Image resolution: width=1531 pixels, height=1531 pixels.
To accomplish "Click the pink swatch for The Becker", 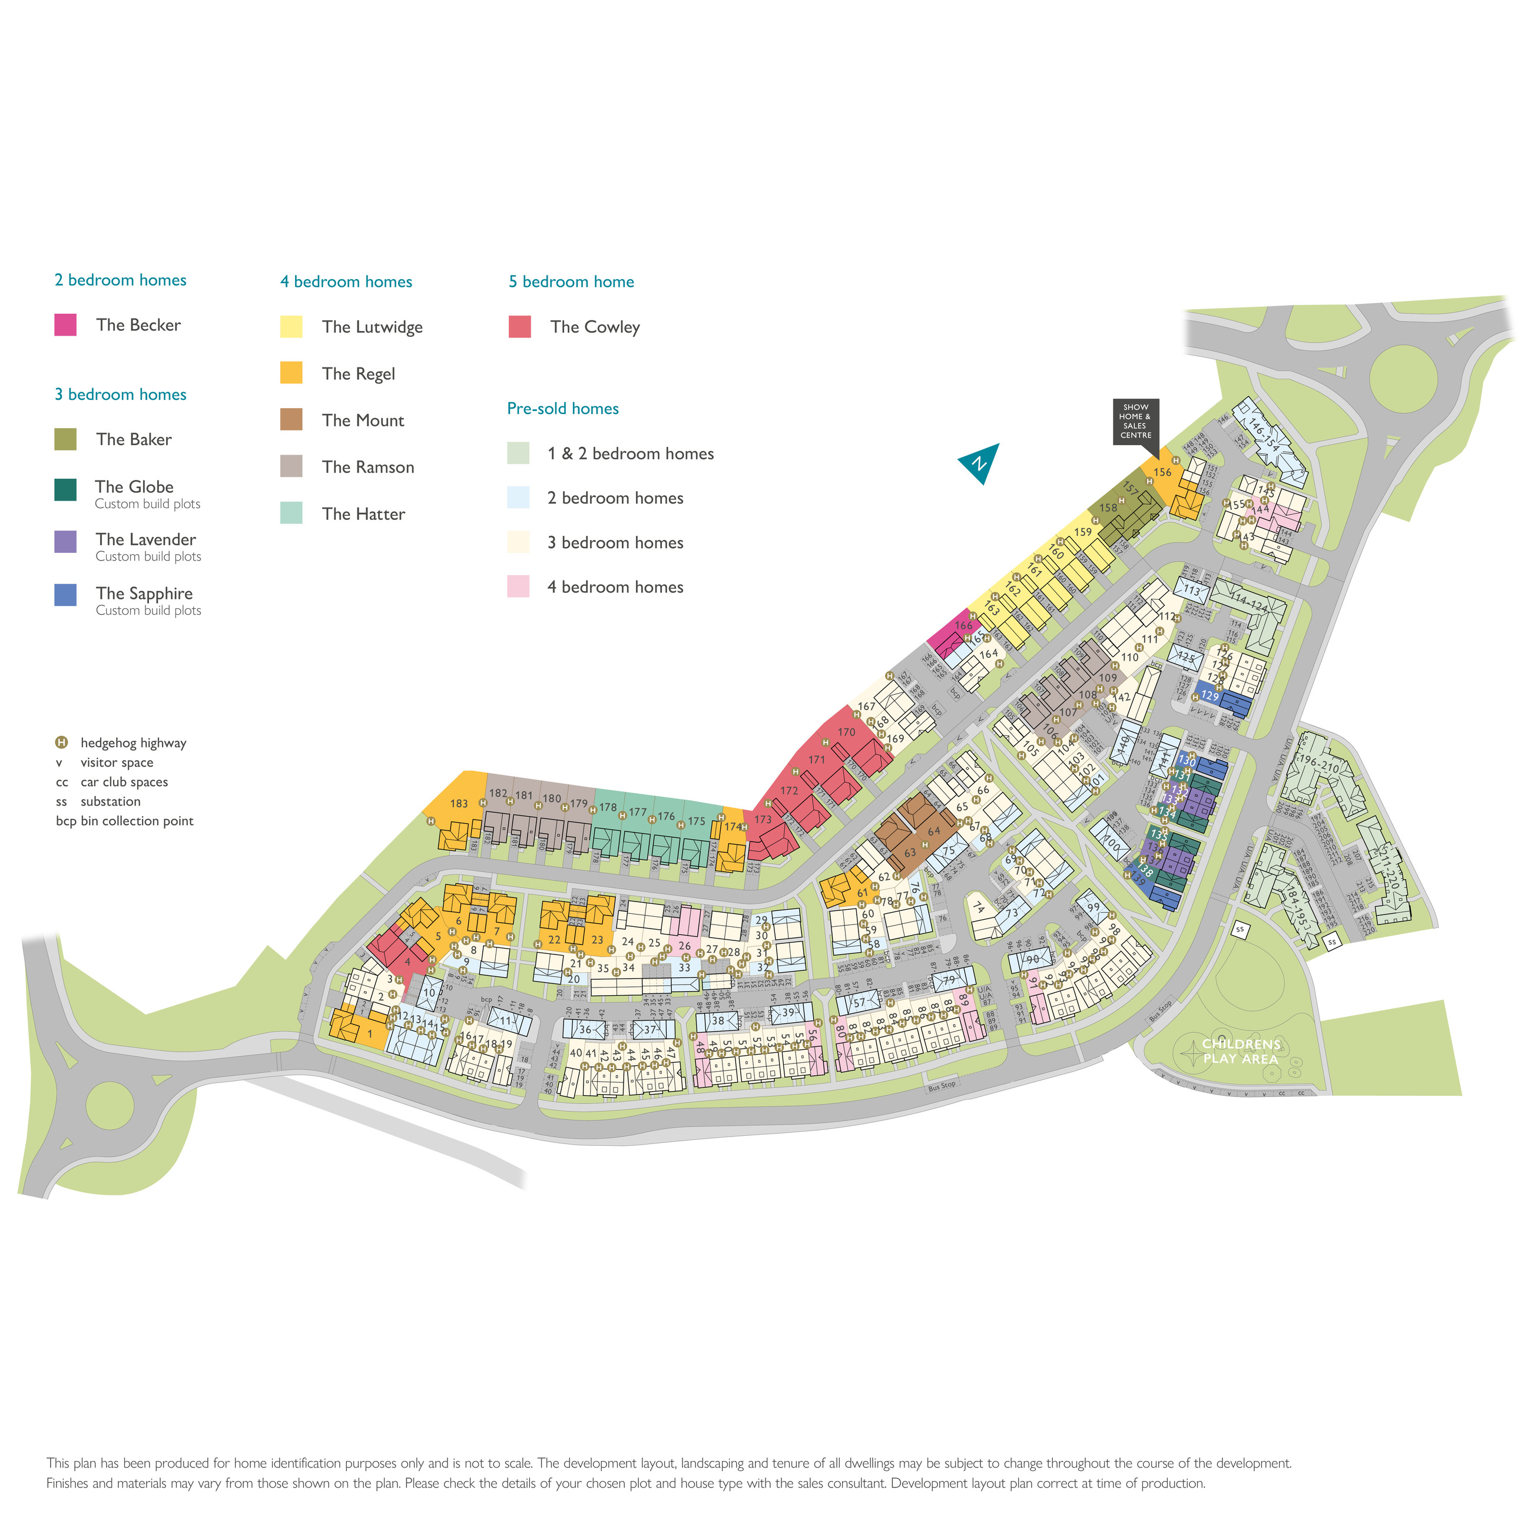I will coord(65,325).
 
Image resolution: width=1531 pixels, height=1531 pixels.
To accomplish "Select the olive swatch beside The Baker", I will coord(65,439).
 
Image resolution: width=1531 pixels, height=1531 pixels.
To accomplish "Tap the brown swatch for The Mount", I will coord(291,419).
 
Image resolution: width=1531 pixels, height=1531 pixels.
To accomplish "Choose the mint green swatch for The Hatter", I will coord(291,513).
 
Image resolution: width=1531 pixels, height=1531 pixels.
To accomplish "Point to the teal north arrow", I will coord(980,462).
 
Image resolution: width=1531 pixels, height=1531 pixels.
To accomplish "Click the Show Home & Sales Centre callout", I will coord(1135,422).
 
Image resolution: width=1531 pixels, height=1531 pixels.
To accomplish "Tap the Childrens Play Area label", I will coord(1240,1052).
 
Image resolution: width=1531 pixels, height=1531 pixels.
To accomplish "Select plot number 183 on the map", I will coord(459,804).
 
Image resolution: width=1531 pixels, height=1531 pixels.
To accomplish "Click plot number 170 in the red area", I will coord(846,732).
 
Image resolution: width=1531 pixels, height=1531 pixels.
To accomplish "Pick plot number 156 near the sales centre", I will coord(1162,472).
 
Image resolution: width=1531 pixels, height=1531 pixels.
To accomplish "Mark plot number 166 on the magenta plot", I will coord(963,625).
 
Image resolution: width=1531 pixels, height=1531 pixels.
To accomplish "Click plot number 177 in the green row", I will coord(637,812).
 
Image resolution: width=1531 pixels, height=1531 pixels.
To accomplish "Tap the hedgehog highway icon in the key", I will coord(61,743).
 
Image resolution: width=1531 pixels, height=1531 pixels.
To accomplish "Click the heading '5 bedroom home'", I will coord(571,281).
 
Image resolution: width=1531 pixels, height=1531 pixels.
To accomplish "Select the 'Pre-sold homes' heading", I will coord(562,408).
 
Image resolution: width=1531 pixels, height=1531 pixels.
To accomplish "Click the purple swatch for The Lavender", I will coord(65,542).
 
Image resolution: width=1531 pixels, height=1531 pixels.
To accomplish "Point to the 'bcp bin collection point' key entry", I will coord(124,821).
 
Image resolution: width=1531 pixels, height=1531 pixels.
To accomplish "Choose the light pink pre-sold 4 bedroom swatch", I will coord(518,586).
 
